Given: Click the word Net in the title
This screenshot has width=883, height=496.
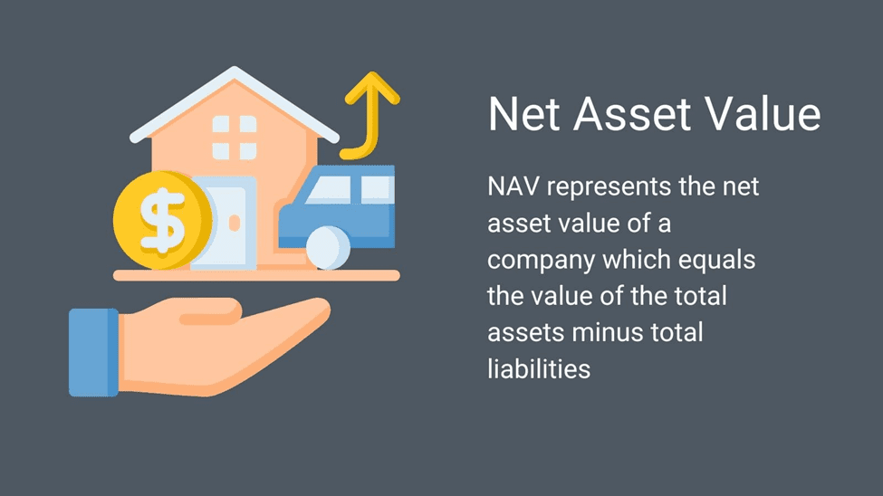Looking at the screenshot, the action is point(524,114).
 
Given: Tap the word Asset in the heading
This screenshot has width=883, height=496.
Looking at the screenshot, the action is point(632,114).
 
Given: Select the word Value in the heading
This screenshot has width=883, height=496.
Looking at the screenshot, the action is point(763,114).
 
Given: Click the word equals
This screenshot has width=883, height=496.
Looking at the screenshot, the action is point(716,261).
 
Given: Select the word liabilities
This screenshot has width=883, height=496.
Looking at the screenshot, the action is point(539,369).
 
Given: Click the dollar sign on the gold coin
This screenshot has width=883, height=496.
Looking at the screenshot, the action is point(163,220).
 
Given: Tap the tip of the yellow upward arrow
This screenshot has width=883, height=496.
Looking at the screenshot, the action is point(371,72).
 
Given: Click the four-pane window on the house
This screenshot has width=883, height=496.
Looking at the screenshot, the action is point(235,138).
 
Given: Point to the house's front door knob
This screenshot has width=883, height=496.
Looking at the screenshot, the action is point(235,224).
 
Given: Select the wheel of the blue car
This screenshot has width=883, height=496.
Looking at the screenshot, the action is point(329,248).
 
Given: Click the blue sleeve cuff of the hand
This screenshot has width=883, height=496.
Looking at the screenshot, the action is point(93,352).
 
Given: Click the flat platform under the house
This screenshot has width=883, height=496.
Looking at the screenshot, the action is point(256,275).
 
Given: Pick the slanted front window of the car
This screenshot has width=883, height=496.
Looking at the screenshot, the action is point(330,190).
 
